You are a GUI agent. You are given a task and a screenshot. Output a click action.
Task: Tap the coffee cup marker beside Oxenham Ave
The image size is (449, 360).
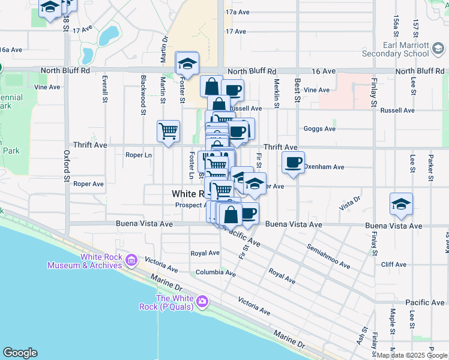pos(293,161)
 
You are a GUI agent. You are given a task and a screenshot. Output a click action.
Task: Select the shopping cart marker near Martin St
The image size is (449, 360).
pos(169,131)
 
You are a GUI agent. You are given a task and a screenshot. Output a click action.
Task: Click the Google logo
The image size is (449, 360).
pos(20,353)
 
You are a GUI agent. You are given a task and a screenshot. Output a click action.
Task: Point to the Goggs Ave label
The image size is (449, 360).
pos(319,129)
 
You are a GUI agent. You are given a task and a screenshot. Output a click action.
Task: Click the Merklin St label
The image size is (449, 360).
pos(277,94)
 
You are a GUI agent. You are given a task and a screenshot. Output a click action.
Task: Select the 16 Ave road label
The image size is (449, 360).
pos(323,71)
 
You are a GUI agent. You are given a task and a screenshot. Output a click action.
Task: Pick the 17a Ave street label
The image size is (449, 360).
pos(237,12)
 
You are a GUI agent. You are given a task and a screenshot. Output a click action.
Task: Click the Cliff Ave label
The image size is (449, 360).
pos(394,264)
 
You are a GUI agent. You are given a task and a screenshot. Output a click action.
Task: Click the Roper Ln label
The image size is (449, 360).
pos(138,155)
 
